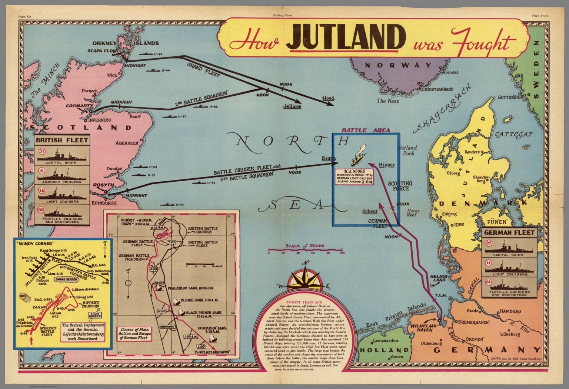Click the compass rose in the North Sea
point(305,281)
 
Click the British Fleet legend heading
point(61,140)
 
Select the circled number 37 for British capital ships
point(42,151)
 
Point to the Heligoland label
point(439,278)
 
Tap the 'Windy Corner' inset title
point(31,244)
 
